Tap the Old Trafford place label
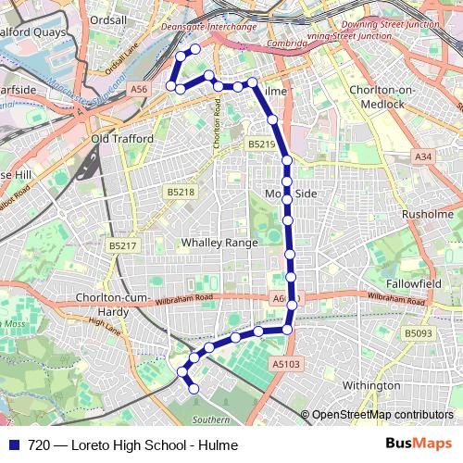pos(122,140)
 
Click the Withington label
pos(370,385)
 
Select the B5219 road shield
pos(261,144)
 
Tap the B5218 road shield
pos(181,192)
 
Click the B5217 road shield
pos(122,245)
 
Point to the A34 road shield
pos(423,157)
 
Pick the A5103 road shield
pos(287,365)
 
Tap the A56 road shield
pos(139,89)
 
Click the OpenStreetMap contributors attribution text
pos(382,416)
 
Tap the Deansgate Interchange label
pos(207,27)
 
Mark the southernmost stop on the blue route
pos(194,389)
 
